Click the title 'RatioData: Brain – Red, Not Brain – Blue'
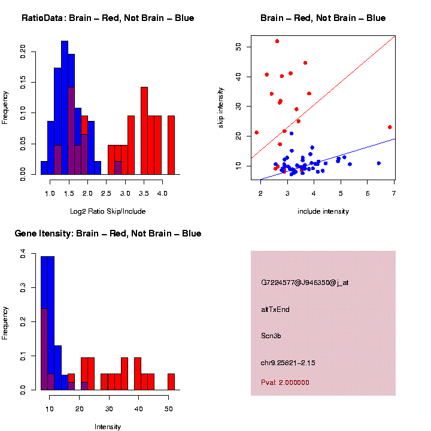pos(108,18)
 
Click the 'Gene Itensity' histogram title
pos(108,233)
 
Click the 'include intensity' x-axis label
pos(323,211)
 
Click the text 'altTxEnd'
pos(275,309)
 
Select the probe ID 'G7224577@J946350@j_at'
pos(305,283)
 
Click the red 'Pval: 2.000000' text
pos(285,382)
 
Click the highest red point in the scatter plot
pos(277,41)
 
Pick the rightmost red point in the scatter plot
pos(390,127)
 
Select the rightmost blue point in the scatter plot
pos(378,163)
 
